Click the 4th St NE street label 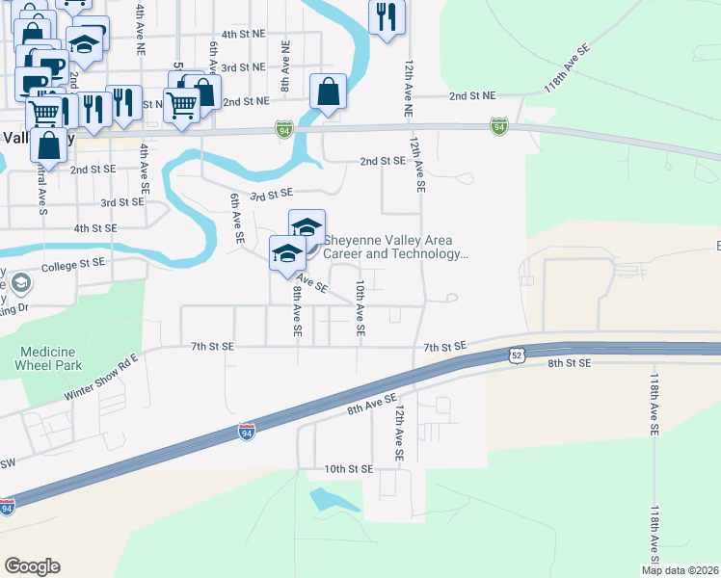[242, 33]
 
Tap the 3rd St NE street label [242, 67]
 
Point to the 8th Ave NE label [285, 66]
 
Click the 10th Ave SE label [360, 308]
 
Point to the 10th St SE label [348, 469]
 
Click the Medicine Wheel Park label [49, 357]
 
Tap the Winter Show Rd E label [102, 381]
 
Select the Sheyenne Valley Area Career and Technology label [395, 248]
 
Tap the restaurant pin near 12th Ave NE [387, 17]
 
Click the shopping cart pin [181, 102]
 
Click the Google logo [33, 566]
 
